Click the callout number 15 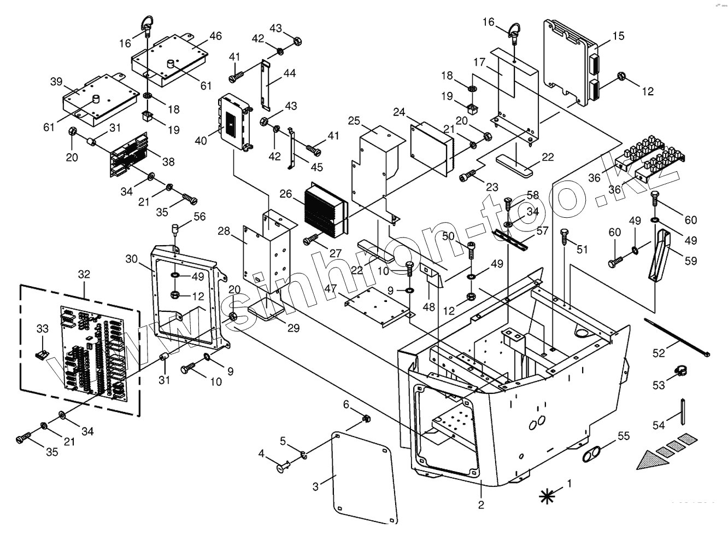pos(618,36)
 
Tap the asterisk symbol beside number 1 pos(546,496)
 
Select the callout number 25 pos(354,120)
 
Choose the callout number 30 pos(131,258)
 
